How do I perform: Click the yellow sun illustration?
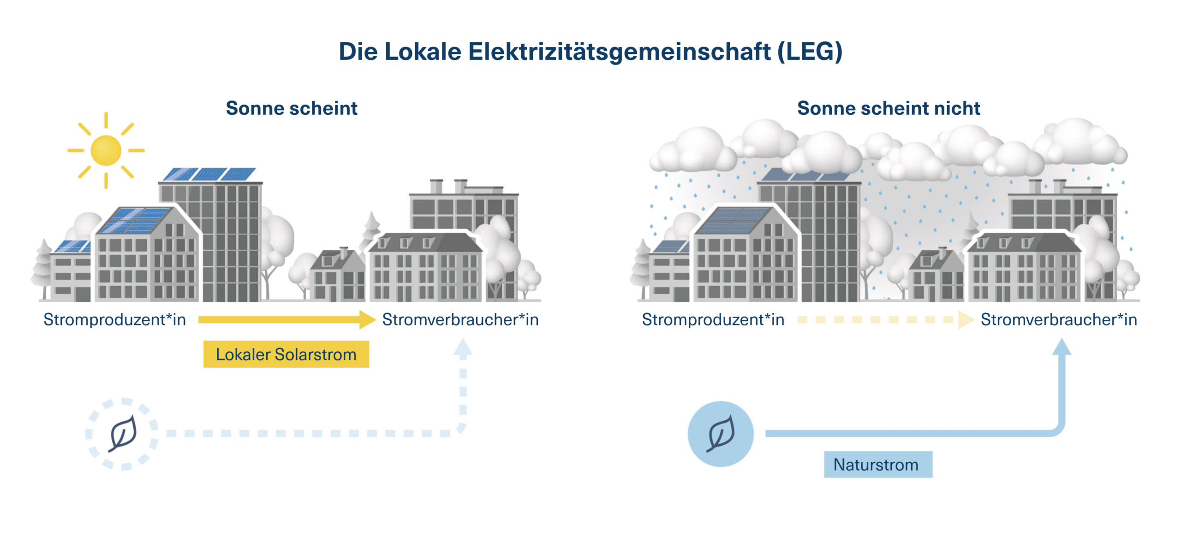tap(106, 150)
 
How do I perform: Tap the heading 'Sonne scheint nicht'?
tap(888, 108)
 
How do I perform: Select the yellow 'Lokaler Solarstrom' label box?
tap(286, 354)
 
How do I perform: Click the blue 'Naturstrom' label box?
tap(877, 464)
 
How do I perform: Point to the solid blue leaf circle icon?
tap(720, 434)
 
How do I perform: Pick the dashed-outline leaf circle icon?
tap(122, 434)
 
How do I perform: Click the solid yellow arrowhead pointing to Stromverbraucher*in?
tap(367, 319)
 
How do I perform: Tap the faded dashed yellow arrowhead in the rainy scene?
tap(965, 319)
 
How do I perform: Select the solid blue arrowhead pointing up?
tap(1062, 347)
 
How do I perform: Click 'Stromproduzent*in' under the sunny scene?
tap(114, 319)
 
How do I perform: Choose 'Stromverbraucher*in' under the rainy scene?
tap(1059, 319)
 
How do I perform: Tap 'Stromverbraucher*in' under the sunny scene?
tap(460, 319)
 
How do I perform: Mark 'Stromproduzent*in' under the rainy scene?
tap(713, 319)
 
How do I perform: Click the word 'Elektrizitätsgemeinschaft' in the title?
tap(619, 51)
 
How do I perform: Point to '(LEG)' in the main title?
tap(810, 51)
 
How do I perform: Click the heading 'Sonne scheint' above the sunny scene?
tap(292, 108)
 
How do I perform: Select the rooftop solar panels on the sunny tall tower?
tap(210, 174)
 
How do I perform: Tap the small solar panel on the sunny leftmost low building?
tap(72, 247)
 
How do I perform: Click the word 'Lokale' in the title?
tap(423, 51)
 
